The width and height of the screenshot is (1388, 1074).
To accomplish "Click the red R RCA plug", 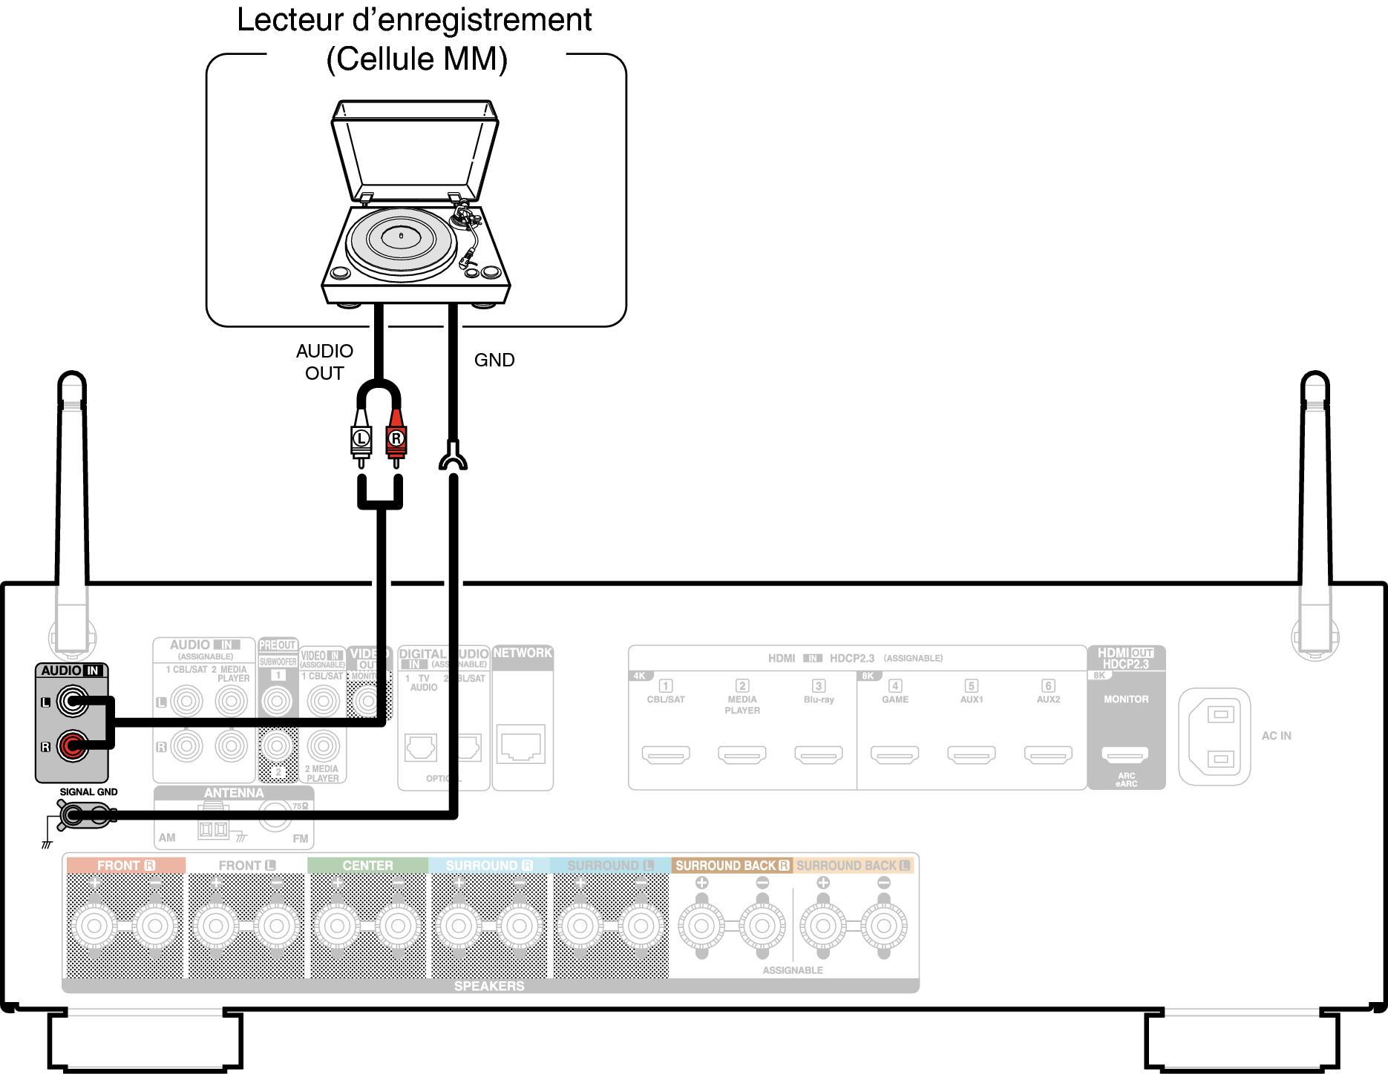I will (x=396, y=438).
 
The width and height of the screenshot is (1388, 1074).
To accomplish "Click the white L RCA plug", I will (x=361, y=438).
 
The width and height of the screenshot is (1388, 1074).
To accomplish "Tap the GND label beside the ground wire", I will (x=494, y=360).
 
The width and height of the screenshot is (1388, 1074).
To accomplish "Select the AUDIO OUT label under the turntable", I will (x=324, y=362).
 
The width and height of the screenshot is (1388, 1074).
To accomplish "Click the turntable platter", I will (x=401, y=240).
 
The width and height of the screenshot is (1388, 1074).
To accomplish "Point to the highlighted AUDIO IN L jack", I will (x=72, y=701).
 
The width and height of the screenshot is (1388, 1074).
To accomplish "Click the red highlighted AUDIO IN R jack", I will (x=72, y=745).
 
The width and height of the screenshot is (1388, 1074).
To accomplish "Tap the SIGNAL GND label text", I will (x=88, y=792).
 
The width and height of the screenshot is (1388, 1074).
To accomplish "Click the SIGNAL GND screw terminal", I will (x=73, y=816).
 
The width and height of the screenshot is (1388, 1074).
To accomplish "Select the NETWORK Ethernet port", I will (x=522, y=745).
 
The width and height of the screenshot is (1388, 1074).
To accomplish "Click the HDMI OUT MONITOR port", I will (x=1125, y=754).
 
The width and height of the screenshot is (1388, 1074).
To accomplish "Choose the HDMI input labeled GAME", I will (x=895, y=754).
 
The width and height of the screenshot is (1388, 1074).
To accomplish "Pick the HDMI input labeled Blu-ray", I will (x=819, y=754).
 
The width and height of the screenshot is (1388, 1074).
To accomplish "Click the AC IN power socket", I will (x=1215, y=737).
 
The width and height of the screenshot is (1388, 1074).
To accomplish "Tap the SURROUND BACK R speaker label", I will (x=732, y=866).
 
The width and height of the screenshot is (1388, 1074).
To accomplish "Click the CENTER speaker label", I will (x=367, y=866).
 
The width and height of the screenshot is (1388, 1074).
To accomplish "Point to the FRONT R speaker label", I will (x=125, y=866).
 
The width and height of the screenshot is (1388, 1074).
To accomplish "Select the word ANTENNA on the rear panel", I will (x=234, y=793).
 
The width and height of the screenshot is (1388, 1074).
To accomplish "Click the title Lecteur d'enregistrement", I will (x=414, y=20).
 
